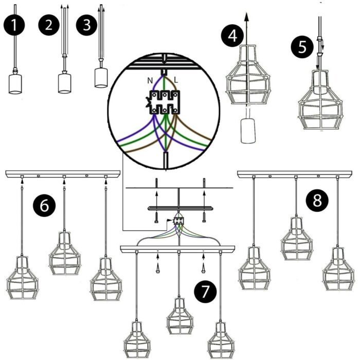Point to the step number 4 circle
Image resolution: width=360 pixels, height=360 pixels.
[232, 36]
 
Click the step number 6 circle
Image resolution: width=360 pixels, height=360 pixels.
[44, 205]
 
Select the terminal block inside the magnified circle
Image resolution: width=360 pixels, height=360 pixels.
[164, 102]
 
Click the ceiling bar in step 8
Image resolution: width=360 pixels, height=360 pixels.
[295, 174]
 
